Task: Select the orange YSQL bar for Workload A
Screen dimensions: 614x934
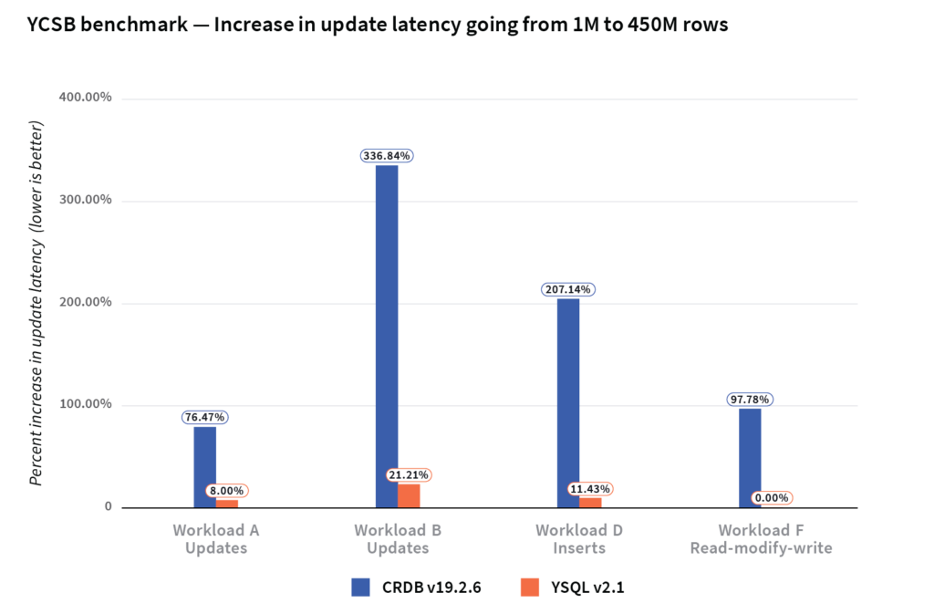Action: (227, 504)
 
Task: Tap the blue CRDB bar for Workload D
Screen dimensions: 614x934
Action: (567, 402)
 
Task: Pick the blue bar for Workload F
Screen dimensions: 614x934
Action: (750, 457)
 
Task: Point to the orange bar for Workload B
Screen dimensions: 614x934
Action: (409, 495)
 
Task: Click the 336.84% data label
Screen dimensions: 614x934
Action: (386, 156)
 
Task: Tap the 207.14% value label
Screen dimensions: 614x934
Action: (567, 289)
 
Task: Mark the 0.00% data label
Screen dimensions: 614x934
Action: (771, 498)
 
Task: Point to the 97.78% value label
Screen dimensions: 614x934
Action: (750, 400)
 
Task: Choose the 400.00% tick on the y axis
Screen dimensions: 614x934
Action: (85, 99)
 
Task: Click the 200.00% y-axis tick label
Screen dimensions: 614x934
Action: (85, 303)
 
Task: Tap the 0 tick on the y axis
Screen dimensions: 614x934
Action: (107, 507)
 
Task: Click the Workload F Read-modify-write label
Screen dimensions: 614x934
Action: (761, 539)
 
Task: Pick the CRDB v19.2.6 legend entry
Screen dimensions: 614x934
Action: (416, 588)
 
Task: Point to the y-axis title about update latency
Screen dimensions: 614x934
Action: (36, 302)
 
